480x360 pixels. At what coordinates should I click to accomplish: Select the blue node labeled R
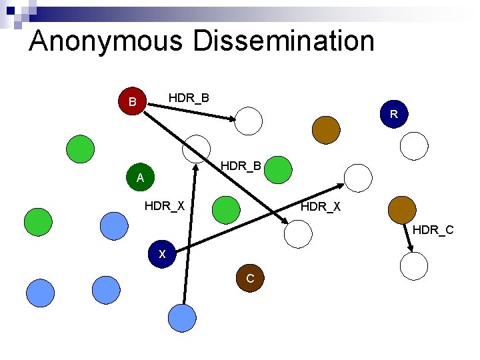(394, 114)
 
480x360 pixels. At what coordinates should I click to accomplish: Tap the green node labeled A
(140, 178)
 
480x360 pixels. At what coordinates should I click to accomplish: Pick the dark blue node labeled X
(162, 254)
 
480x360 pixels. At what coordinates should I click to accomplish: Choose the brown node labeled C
(250, 279)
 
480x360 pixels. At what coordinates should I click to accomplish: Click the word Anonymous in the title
(106, 41)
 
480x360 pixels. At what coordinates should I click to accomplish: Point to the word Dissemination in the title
(284, 41)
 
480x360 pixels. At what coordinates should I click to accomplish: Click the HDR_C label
(433, 230)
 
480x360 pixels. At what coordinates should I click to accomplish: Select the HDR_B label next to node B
(189, 98)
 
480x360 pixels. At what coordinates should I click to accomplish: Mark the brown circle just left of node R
(327, 129)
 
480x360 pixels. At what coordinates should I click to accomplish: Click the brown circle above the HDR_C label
(401, 210)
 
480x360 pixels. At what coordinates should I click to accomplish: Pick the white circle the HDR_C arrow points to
(414, 265)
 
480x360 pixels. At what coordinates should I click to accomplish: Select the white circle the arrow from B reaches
(249, 121)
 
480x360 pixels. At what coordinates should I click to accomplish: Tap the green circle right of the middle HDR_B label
(278, 170)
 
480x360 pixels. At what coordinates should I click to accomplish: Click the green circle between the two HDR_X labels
(227, 209)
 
